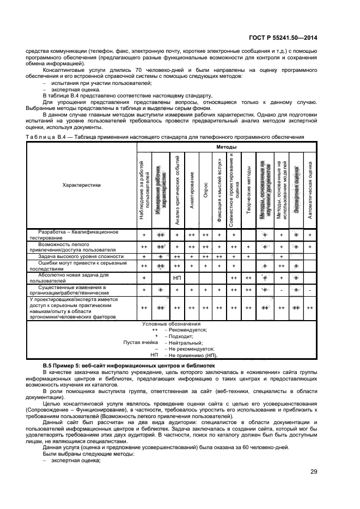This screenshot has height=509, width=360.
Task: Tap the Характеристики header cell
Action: coord(82,185)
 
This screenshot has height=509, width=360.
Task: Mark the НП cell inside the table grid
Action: coord(176,278)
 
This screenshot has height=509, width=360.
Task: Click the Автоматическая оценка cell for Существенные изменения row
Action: coord(309,290)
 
